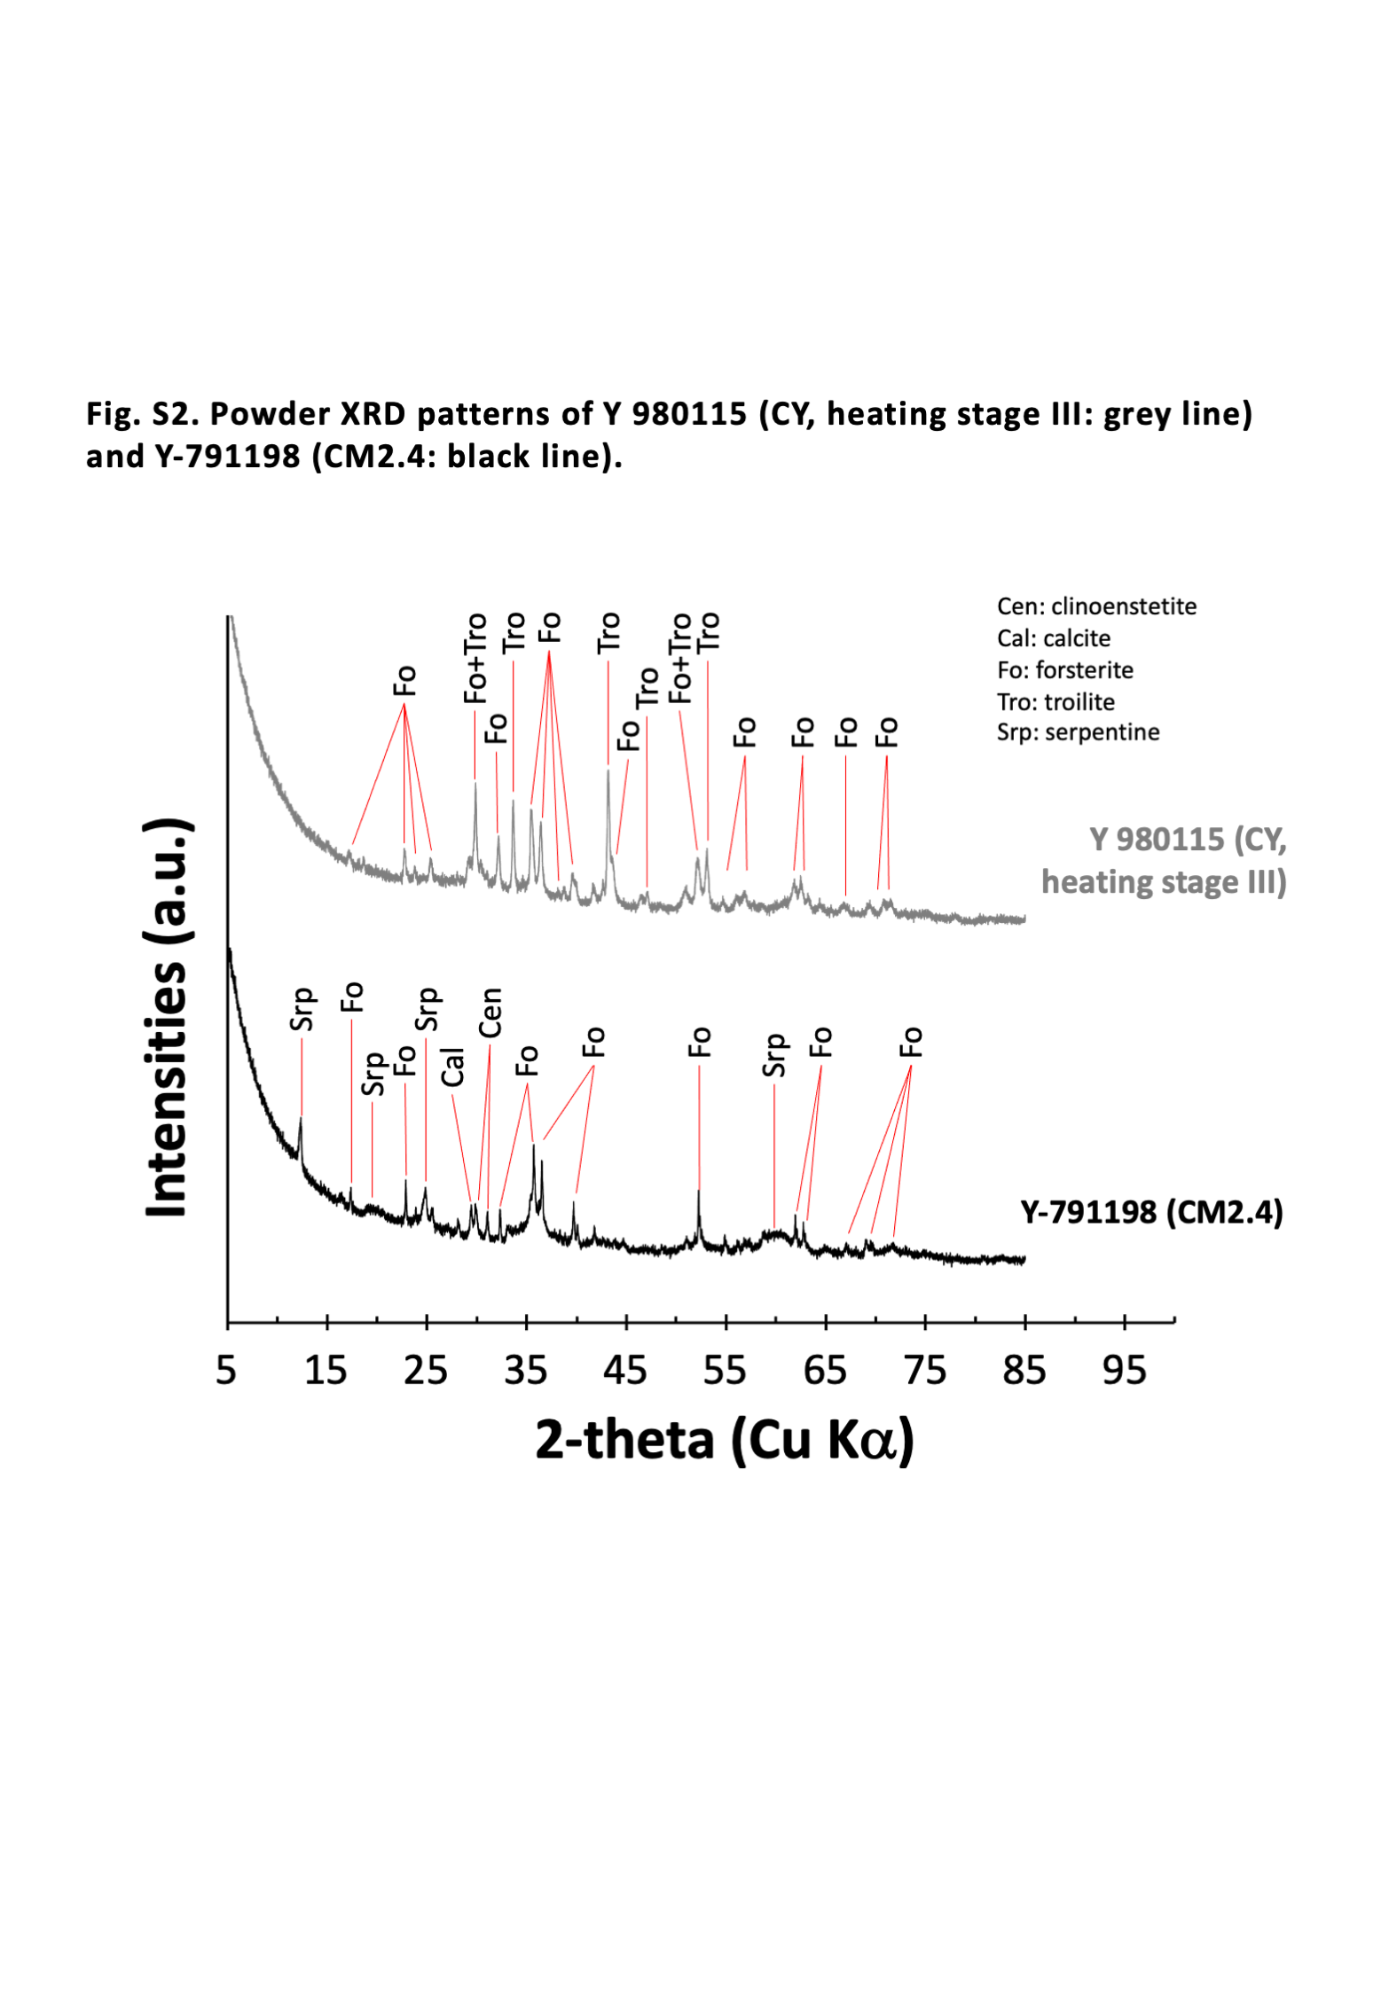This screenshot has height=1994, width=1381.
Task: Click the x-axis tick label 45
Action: click(x=625, y=1371)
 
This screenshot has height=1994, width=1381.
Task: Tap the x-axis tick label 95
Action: click(x=1124, y=1371)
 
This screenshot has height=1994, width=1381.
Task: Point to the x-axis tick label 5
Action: click(x=226, y=1371)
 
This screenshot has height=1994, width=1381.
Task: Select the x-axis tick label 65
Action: click(x=825, y=1371)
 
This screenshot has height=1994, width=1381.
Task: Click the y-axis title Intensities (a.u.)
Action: click(x=166, y=1017)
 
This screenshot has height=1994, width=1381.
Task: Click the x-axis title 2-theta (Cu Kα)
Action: click(x=724, y=1440)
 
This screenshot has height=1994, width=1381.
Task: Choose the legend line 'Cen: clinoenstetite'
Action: click(x=1096, y=606)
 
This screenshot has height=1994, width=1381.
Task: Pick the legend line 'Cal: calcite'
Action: click(x=1053, y=638)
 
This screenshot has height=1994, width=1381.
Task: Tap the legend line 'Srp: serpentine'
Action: click(x=1078, y=732)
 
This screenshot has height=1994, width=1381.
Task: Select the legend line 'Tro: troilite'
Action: click(x=1055, y=702)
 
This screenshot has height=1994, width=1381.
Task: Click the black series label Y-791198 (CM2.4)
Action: click(x=1151, y=1212)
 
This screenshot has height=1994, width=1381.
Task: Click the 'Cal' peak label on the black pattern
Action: click(x=453, y=1067)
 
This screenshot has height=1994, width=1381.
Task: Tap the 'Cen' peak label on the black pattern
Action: click(x=490, y=1013)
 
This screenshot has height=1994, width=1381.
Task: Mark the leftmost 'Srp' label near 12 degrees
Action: click(x=302, y=1010)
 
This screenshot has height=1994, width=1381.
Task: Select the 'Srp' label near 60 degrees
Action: click(x=774, y=1055)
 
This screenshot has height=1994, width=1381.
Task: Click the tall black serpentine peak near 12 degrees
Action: click(x=301, y=1124)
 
